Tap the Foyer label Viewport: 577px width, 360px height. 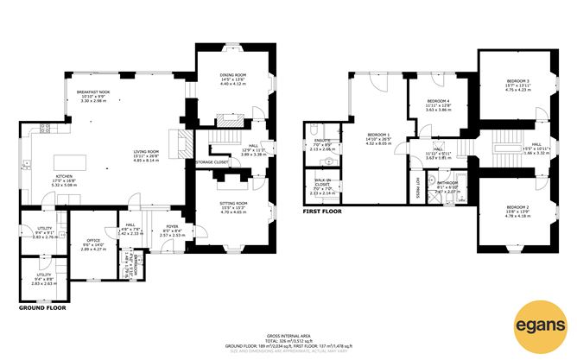(x=172, y=228)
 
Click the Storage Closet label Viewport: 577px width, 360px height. (x=212, y=161)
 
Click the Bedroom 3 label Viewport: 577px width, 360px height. (x=518, y=81)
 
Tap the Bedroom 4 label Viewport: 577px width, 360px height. (x=438, y=102)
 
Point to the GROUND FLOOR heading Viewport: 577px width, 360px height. (x=43, y=306)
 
